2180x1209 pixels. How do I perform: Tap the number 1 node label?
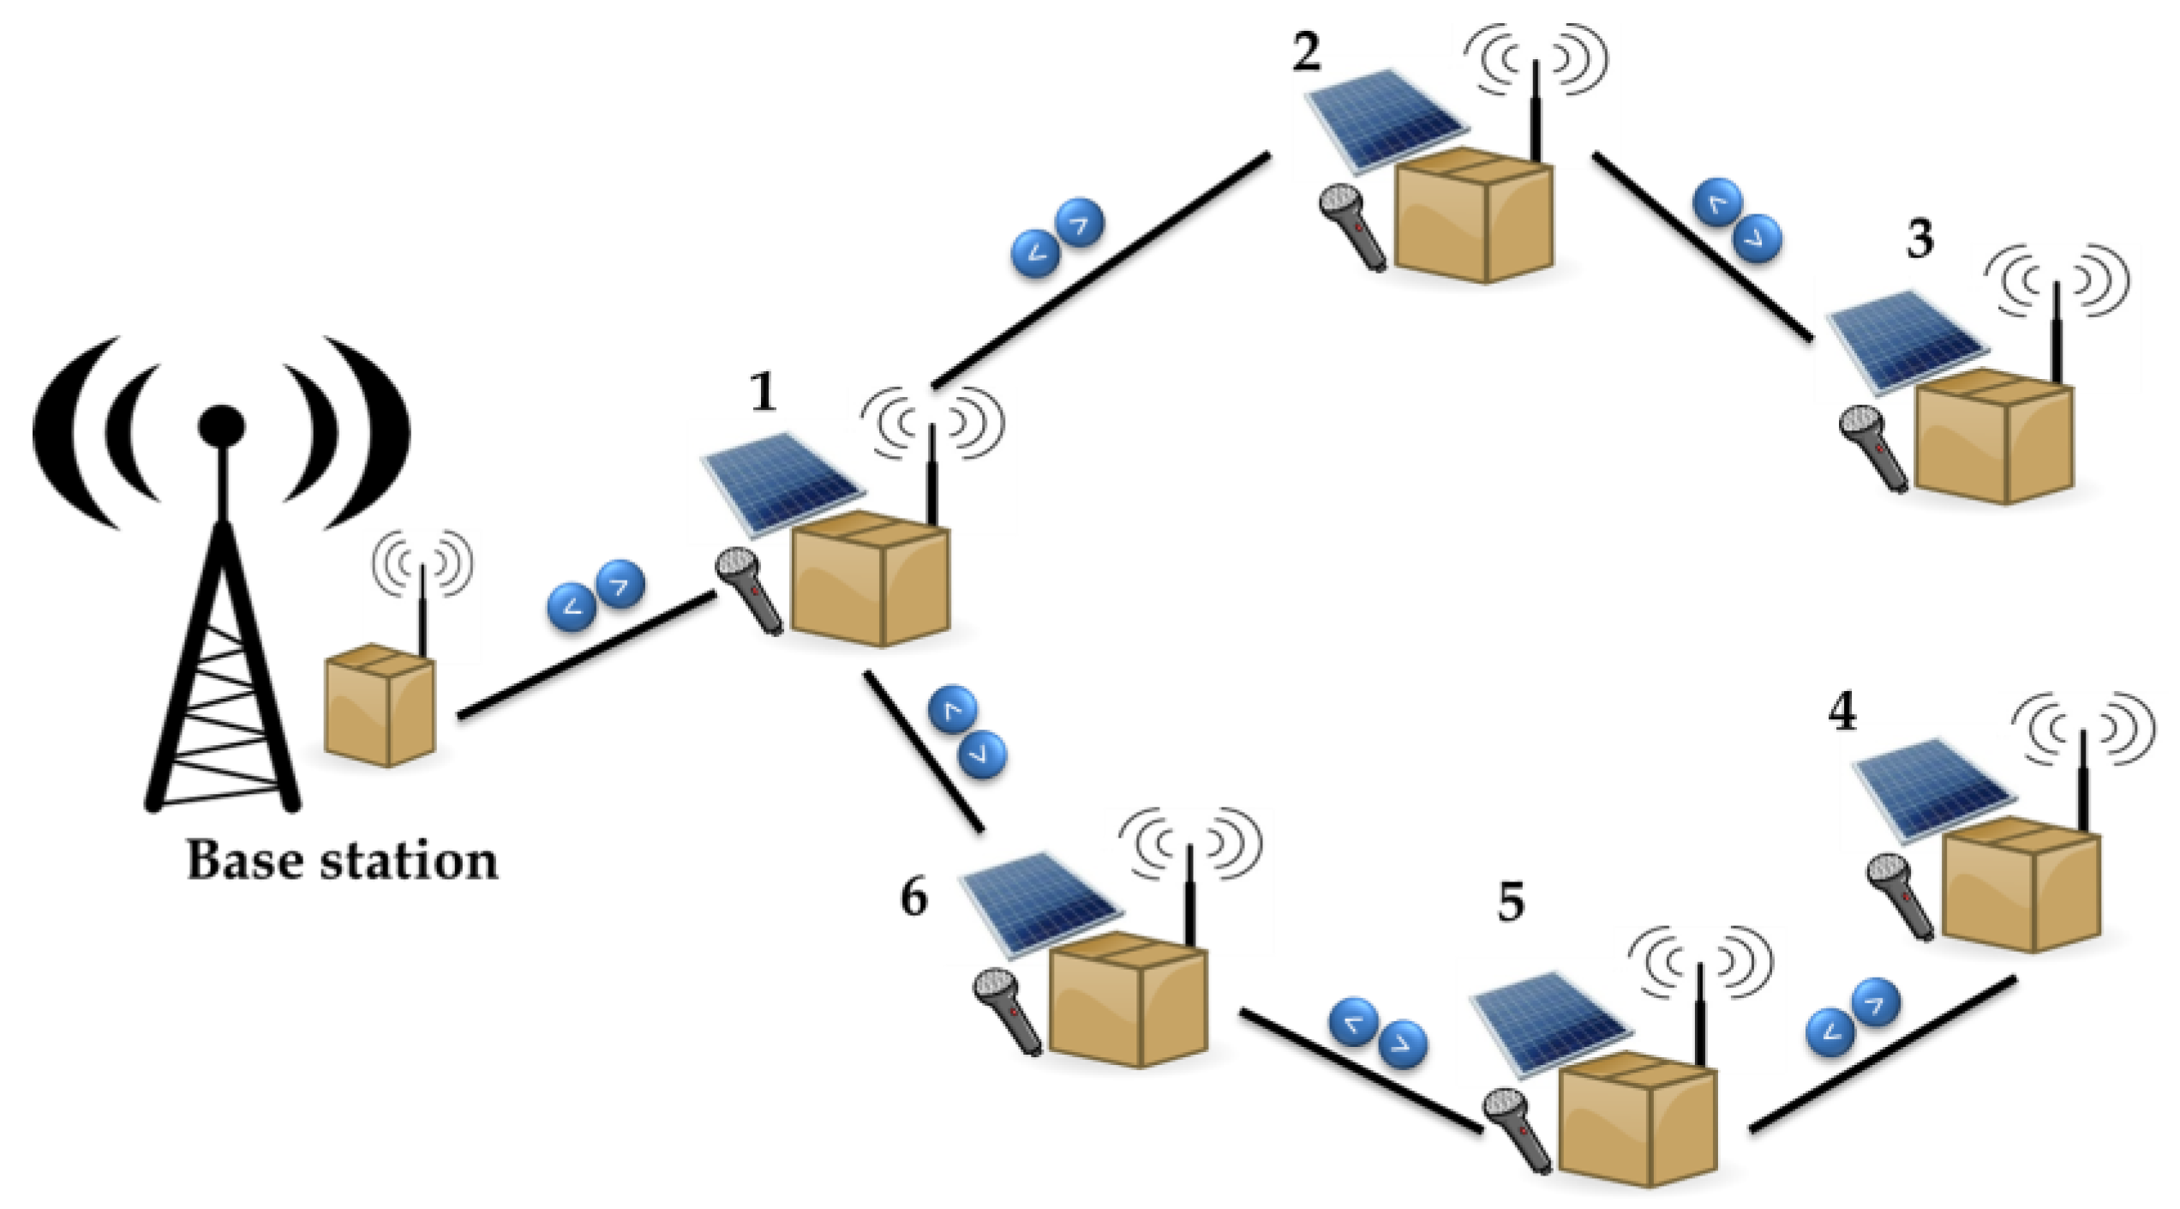pyautogui.click(x=762, y=393)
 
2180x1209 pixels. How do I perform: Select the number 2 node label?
pyautogui.click(x=1306, y=51)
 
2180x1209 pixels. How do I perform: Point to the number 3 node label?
pyautogui.click(x=1919, y=240)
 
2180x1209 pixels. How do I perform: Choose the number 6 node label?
pyautogui.click(x=913, y=899)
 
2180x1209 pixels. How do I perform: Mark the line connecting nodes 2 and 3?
pyautogui.click(x=1701, y=249)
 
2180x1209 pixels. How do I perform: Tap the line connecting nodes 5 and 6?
pyautogui.click(x=1362, y=1070)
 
